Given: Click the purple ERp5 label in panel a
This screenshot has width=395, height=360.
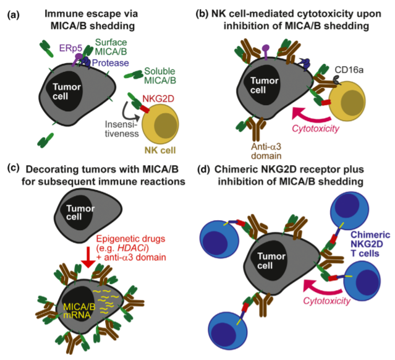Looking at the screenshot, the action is (70, 48).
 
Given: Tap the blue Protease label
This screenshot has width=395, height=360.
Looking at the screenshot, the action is (110, 62).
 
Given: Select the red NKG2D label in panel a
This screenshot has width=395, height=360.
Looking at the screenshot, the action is (158, 99).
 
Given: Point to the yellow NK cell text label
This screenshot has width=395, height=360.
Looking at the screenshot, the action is (160, 150).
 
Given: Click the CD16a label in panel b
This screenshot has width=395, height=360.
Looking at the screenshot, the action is (349, 70).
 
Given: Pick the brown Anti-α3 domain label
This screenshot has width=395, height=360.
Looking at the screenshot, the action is (266, 151).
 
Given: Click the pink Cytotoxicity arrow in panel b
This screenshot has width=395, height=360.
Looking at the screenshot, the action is (310, 114).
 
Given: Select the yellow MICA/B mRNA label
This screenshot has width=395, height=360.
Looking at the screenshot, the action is (79, 311).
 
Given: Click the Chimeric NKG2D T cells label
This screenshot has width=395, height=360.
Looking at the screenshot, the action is (370, 244).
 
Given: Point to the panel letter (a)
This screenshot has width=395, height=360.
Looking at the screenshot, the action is (14, 15).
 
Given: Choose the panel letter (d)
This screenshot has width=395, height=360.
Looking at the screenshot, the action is (203, 169).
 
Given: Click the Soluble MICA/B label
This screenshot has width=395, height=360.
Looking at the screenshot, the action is (159, 75).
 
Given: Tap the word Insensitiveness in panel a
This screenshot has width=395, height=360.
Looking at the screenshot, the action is (122, 129).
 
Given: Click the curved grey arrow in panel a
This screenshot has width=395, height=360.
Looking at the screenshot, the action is (129, 113).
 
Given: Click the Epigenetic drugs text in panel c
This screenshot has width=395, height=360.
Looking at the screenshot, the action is (131, 239).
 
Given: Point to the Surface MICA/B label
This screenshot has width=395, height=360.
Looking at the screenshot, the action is (111, 46).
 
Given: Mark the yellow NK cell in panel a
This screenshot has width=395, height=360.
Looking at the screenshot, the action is (160, 124).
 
